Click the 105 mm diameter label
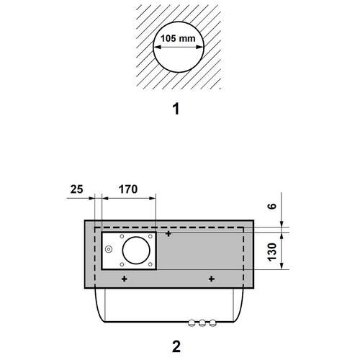tap(178, 38)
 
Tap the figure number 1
tap(176, 109)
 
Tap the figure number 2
tap(176, 346)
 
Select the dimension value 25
tap(76, 189)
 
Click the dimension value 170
tap(128, 189)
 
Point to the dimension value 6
tap(272, 206)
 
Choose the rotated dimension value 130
tap(272, 252)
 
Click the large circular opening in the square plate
tap(136, 250)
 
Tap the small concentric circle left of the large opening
tap(109, 250)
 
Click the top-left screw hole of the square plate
tap(122, 236)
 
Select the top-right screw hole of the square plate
tap(150, 236)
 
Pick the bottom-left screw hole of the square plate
tap(122, 264)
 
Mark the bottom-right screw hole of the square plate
tap(150, 264)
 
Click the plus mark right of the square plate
tap(168, 233)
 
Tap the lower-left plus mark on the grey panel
tap(124, 279)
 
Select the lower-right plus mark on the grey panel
tap(212, 279)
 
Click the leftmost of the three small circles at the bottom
tap(192, 323)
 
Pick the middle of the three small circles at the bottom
tap(202, 323)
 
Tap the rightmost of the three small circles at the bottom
tap(212, 323)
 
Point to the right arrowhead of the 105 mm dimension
tap(199, 47)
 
